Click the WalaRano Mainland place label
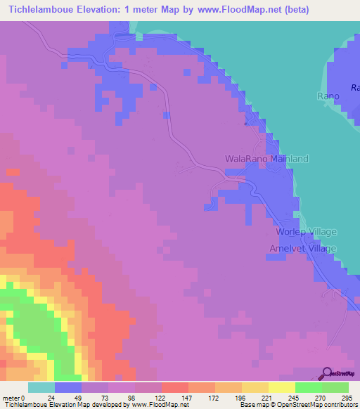tap(266, 159)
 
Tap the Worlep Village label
tap(307, 232)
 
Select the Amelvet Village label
tap(304, 249)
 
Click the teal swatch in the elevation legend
tap(41, 387)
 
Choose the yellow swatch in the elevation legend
tap(281, 387)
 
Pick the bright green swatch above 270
tap(308, 387)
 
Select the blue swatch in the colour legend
tap(68, 387)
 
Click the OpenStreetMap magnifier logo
tap(328, 373)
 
